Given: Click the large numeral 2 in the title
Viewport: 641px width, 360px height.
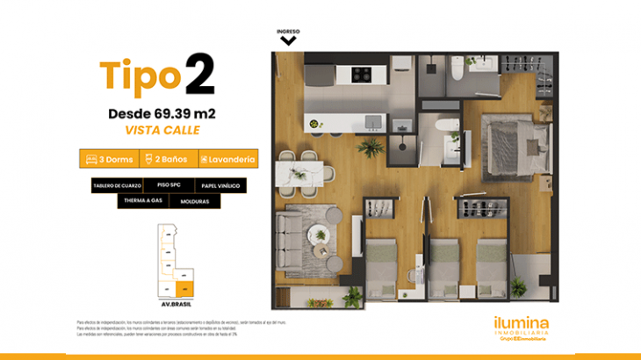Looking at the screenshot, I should click(199, 76).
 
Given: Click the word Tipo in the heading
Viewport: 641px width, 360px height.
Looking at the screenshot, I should click(140, 77).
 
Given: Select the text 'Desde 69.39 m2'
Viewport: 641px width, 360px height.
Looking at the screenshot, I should click(162, 113).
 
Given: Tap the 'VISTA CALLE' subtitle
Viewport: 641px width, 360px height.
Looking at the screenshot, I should click(162, 130).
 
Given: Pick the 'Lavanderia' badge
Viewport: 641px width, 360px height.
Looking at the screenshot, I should click(227, 159).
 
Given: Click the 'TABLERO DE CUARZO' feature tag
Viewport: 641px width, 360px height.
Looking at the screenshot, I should click(115, 186).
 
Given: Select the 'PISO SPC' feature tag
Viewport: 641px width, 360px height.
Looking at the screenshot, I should click(169, 186).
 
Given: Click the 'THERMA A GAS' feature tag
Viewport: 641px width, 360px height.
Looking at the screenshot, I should click(142, 201).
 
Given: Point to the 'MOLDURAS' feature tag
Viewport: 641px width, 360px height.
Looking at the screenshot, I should click(194, 201).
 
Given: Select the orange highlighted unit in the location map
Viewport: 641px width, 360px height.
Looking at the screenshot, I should click(184, 287).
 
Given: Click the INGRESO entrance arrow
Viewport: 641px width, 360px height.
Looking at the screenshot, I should click(288, 39).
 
